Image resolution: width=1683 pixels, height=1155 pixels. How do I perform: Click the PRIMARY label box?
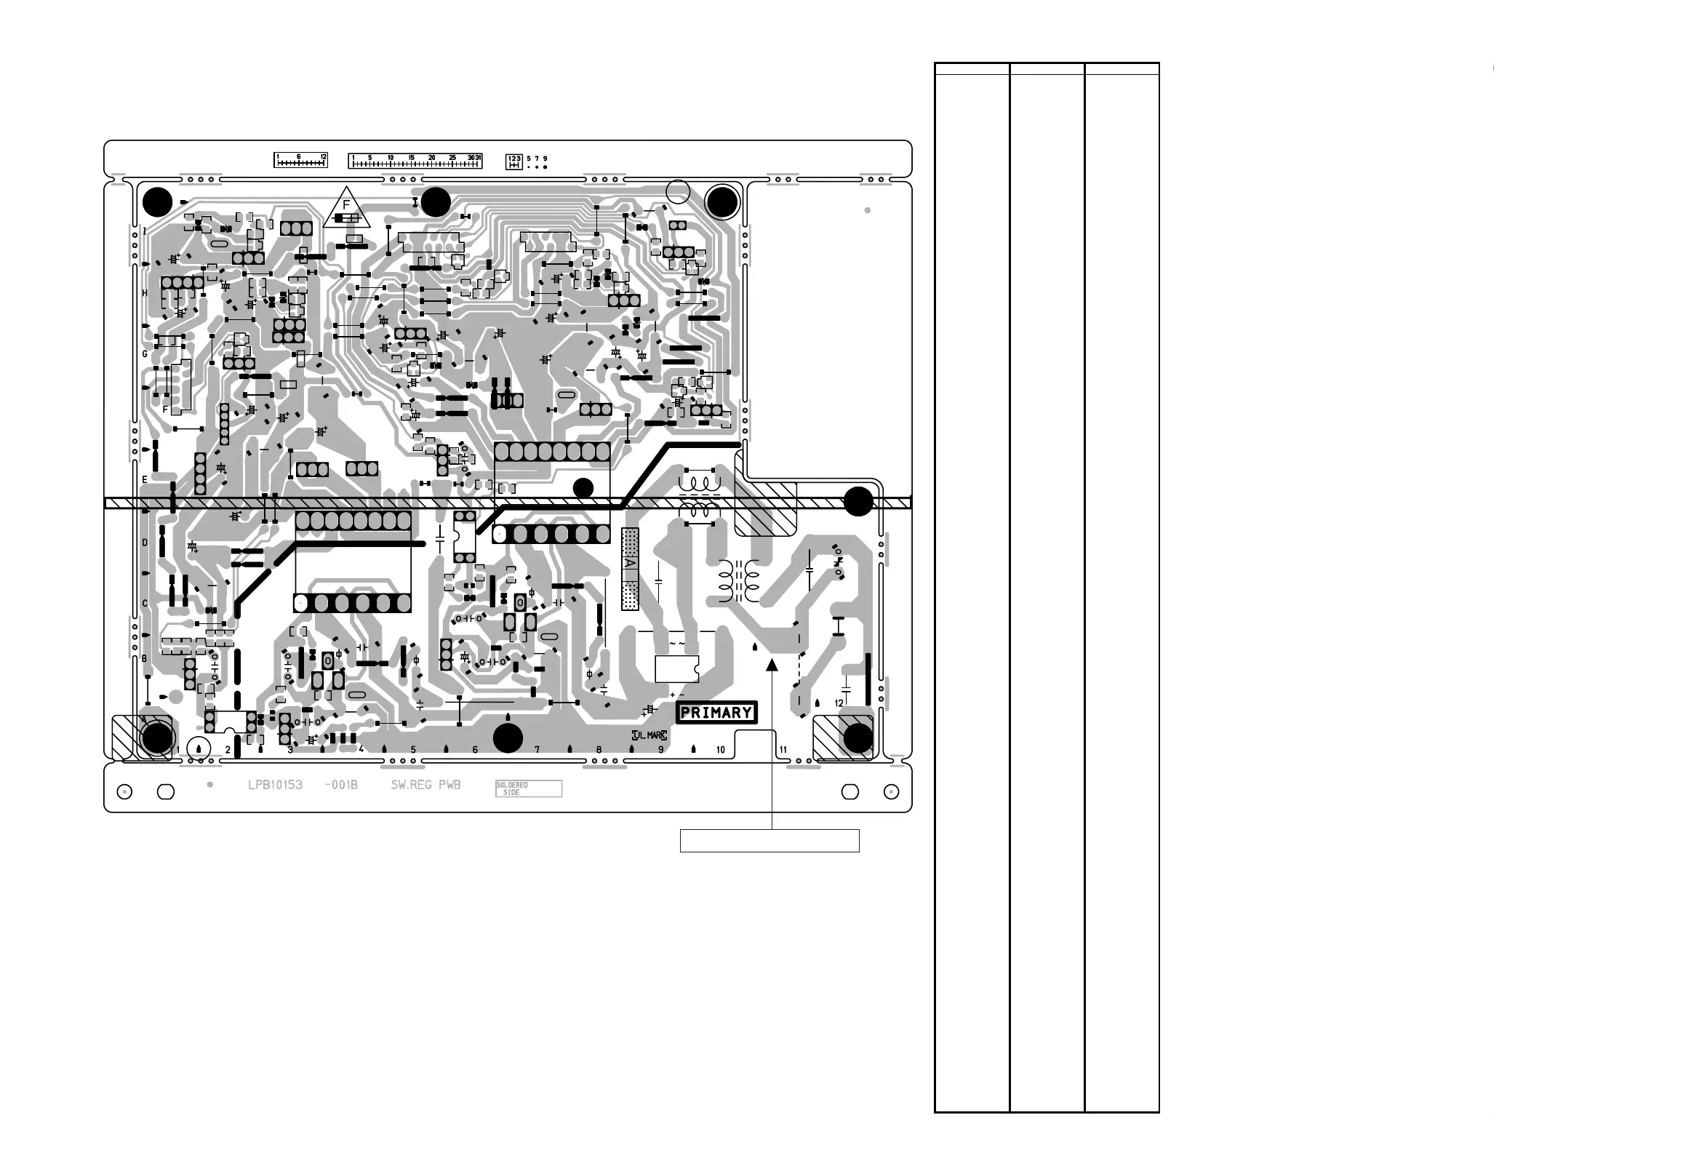716,713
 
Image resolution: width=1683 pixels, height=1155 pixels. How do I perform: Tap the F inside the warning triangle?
346,205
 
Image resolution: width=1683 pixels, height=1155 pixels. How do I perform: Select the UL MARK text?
649,736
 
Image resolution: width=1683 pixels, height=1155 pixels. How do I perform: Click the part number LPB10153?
275,786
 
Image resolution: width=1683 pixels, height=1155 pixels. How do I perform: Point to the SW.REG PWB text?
425,786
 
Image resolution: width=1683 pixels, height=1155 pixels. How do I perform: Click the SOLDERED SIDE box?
529,789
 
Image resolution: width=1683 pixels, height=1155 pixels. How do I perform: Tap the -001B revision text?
341,786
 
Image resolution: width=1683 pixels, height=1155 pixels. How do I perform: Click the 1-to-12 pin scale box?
300,160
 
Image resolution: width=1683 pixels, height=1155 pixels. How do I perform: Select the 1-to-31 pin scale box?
415,160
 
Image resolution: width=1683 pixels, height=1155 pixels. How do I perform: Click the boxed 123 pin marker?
514,161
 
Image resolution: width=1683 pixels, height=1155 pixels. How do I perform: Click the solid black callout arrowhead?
772,663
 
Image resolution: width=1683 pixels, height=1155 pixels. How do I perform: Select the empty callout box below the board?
769,840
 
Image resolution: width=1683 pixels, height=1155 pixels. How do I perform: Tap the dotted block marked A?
630,569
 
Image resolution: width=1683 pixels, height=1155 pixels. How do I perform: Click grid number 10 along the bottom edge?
721,750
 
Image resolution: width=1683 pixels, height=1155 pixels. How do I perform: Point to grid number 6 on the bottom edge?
476,750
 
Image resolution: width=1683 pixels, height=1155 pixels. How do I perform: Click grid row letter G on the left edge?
145,355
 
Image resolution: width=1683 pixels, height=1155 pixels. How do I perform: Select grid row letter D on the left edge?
145,543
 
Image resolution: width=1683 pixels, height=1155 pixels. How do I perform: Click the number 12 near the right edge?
839,703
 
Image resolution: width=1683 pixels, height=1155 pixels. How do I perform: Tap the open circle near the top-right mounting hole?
678,191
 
